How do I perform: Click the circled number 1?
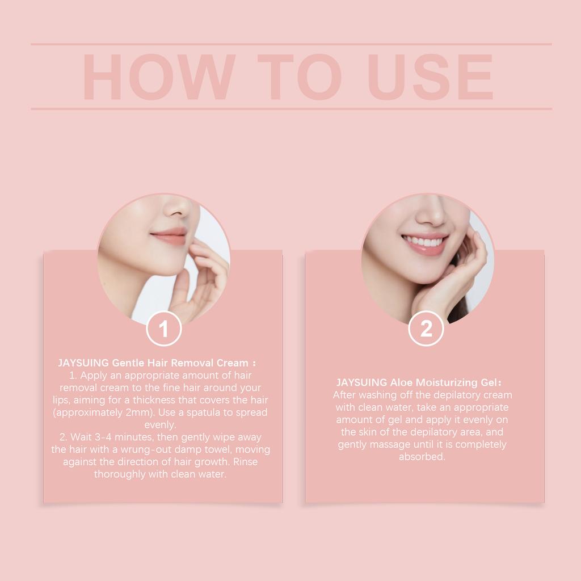coord(164,329)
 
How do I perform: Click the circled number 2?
coord(426,329)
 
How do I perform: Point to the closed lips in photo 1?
coord(169,235)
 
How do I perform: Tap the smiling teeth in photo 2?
coord(425,243)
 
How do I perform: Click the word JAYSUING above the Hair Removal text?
coord(83,363)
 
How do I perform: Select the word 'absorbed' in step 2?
coord(422,457)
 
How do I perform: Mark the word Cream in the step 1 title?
coord(233,363)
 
